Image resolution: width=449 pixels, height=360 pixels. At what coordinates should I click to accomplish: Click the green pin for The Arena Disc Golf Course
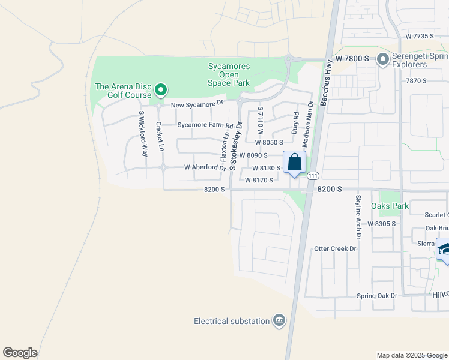pyautogui.click(x=161, y=91)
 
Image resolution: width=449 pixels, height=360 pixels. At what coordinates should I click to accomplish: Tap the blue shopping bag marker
pyautogui.click(x=294, y=162)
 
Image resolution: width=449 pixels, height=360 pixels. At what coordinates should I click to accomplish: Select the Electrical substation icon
pyautogui.click(x=279, y=321)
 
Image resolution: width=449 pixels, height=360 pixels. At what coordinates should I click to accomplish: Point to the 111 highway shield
pyautogui.click(x=313, y=176)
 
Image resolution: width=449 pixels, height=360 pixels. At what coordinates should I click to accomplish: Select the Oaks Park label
pyautogui.click(x=390, y=206)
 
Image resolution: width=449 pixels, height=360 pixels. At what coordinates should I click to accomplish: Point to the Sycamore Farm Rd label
pyautogui.click(x=205, y=125)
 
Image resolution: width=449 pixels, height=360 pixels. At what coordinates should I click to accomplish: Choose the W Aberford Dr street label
pyautogui.click(x=204, y=167)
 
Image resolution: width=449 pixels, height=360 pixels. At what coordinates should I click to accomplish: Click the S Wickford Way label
pyautogui.click(x=143, y=134)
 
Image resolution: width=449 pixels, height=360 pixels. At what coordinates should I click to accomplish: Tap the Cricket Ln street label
pyautogui.click(x=159, y=137)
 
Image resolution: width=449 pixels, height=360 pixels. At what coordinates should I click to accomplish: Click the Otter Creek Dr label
pyautogui.click(x=335, y=248)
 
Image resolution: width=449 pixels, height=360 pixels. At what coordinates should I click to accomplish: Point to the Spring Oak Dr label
pyautogui.click(x=377, y=296)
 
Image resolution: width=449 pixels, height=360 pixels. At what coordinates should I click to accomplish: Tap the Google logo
pyautogui.click(x=20, y=353)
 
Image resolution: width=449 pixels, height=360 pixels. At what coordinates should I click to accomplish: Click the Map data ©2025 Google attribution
pyautogui.click(x=411, y=355)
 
